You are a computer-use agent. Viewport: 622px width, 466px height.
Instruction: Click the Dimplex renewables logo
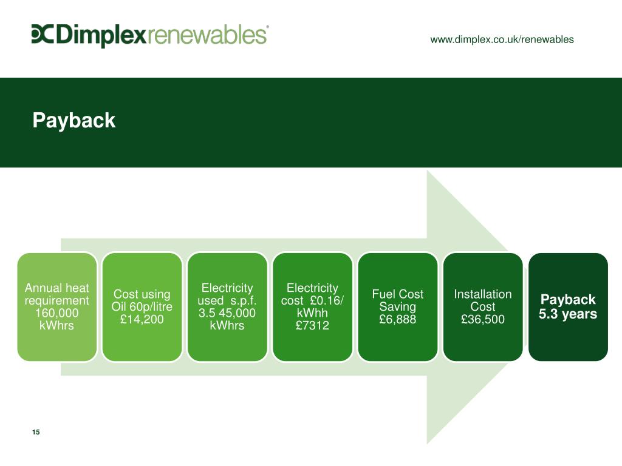pyautogui.click(x=150, y=35)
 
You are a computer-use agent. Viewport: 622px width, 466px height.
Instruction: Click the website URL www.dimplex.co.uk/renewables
pyautogui.click(x=502, y=39)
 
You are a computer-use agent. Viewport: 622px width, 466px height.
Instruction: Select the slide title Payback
pyautogui.click(x=73, y=120)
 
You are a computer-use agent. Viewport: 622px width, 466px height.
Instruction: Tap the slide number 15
pyautogui.click(x=36, y=432)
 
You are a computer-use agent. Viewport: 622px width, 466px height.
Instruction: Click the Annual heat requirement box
pyautogui.click(x=57, y=306)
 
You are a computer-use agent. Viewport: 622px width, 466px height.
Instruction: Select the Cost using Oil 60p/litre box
pyautogui.click(x=142, y=306)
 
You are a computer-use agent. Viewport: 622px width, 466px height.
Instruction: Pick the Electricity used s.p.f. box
pyautogui.click(x=227, y=306)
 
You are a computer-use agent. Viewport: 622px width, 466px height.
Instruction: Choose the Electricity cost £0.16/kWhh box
pyautogui.click(x=312, y=306)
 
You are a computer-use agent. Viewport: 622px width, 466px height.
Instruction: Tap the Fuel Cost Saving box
pyautogui.click(x=397, y=306)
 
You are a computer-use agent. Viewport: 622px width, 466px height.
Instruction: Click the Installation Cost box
pyautogui.click(x=483, y=306)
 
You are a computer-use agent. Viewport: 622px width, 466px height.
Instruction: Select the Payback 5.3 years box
pyautogui.click(x=568, y=306)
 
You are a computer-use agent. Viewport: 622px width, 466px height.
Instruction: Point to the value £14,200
pyautogui.click(x=142, y=320)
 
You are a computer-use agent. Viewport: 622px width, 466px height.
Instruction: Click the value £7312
pyautogui.click(x=312, y=326)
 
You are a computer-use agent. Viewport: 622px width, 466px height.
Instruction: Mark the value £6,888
pyautogui.click(x=397, y=320)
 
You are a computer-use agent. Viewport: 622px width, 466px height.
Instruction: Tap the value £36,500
pyautogui.click(x=483, y=320)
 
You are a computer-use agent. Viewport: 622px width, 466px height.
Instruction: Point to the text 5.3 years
pyautogui.click(x=568, y=314)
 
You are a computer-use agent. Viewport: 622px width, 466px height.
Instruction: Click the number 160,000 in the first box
pyautogui.click(x=57, y=313)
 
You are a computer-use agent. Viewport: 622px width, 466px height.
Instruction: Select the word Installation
pyautogui.click(x=483, y=294)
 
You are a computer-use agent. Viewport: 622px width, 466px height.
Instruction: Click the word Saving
pyautogui.click(x=397, y=307)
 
